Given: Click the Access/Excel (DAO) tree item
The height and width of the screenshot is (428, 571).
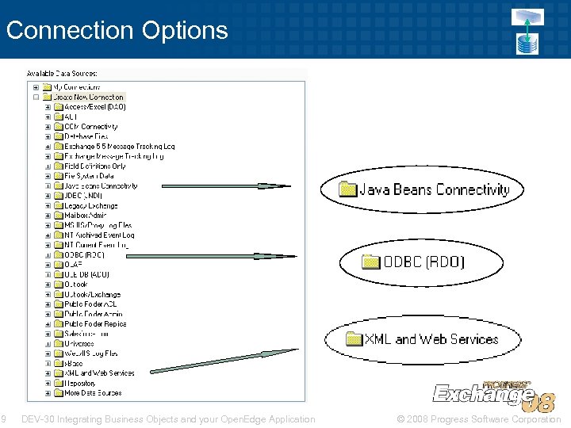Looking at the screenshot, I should click(94, 107).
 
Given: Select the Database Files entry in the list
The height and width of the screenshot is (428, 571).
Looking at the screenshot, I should click(86, 136).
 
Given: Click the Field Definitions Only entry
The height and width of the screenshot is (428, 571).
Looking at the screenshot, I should click(94, 166).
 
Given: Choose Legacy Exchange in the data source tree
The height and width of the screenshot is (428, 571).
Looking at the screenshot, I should click(90, 206).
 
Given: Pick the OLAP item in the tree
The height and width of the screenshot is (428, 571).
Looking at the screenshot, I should click(73, 265).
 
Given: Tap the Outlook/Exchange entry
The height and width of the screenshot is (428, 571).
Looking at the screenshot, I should click(92, 294).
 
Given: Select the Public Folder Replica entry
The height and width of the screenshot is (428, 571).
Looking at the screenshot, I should click(95, 324).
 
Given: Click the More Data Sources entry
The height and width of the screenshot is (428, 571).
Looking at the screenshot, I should click(93, 393).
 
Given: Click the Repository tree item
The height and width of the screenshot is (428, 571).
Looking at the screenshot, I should click(80, 383).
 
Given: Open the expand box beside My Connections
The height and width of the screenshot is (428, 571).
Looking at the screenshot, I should click(36, 87).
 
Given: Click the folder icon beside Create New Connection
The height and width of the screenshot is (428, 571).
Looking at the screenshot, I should click(47, 97).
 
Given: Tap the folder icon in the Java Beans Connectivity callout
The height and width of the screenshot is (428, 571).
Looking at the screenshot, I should click(347, 189).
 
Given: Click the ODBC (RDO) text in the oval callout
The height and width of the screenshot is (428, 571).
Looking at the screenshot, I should click(424, 262).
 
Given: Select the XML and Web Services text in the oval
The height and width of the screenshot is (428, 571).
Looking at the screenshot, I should click(431, 339).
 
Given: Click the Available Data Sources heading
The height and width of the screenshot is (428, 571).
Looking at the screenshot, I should click(67, 73).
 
